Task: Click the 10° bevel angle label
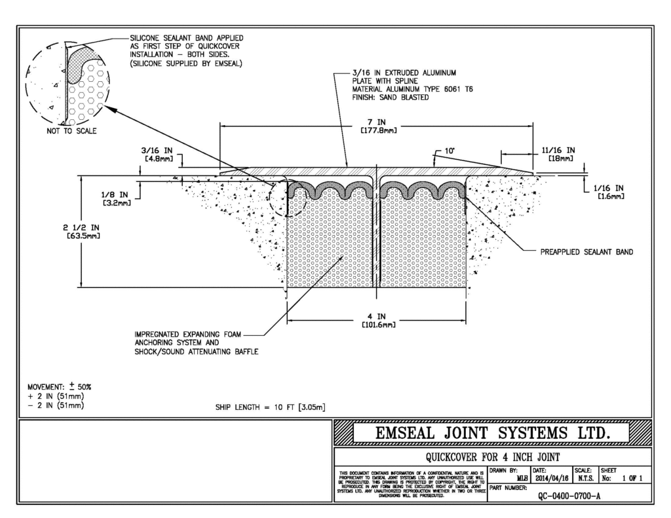(450, 151)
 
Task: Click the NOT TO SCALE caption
(66, 131)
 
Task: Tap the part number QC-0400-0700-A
(569, 496)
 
